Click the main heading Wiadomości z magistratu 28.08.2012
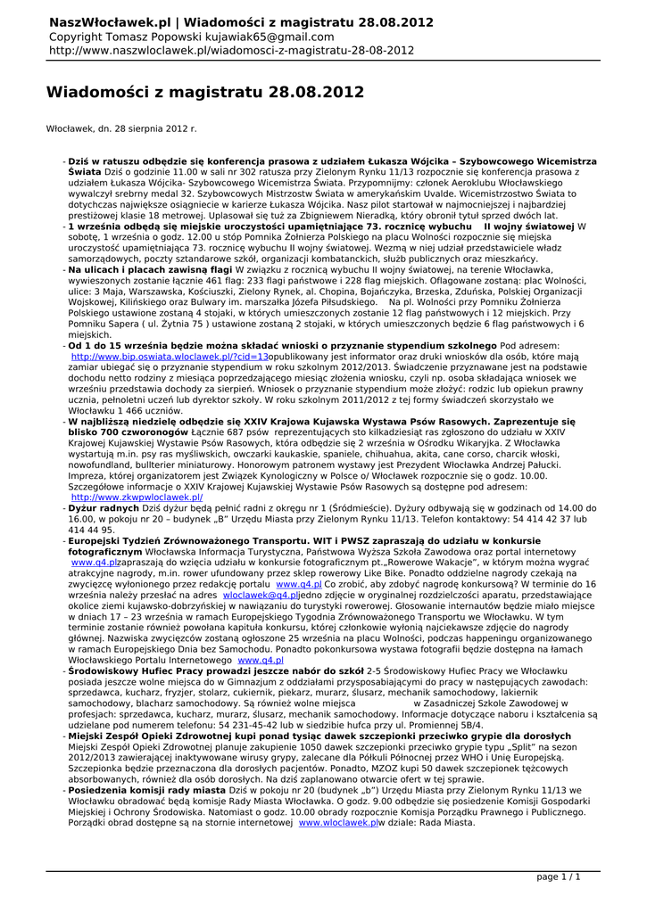click(204, 92)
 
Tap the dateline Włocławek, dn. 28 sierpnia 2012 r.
click(120, 129)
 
